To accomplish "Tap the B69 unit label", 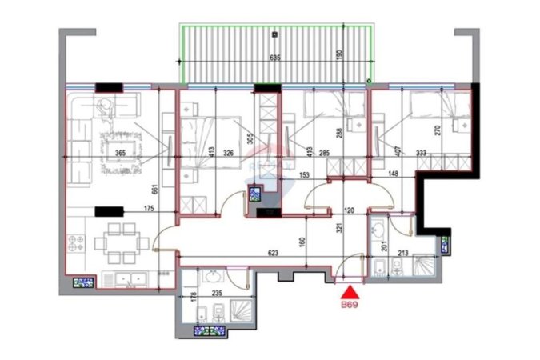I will coord(350,306).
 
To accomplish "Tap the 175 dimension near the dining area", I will coord(150,210).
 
